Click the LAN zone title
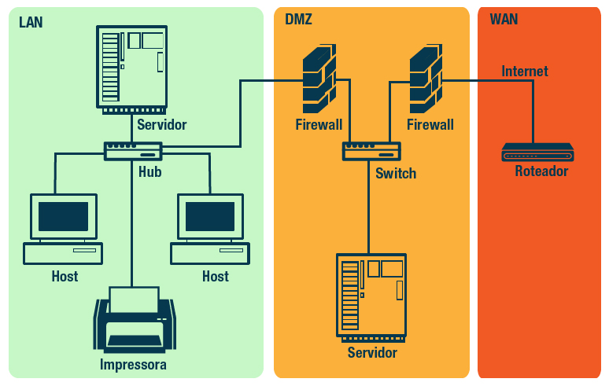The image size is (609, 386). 31,22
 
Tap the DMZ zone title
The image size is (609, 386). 298,20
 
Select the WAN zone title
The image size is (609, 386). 504,20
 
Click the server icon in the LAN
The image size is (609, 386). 131,68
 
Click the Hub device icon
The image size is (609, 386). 133,151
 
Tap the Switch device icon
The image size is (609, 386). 371,151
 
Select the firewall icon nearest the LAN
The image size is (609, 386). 319,79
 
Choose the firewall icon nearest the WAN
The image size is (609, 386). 426,79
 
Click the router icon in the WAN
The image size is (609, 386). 538,153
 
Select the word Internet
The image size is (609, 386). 525,72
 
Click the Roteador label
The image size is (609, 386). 541,171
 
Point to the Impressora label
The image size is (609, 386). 133,365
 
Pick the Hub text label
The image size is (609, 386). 149,171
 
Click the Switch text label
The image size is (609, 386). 396,174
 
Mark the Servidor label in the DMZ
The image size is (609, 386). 372,353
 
